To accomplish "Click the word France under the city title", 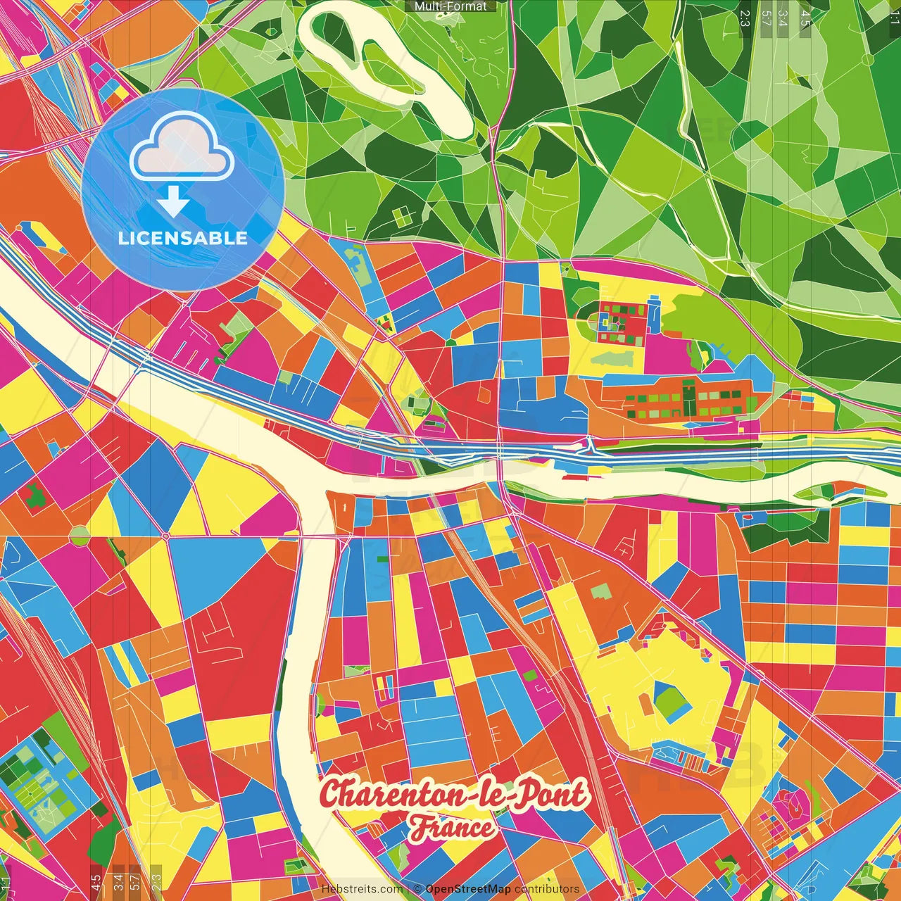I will click(453, 828).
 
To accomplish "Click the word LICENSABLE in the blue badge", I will click(183, 238).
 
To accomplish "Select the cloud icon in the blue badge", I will click(182, 146).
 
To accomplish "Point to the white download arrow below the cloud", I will click(173, 204).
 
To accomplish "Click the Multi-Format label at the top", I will click(450, 6).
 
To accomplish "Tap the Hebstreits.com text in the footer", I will click(362, 889).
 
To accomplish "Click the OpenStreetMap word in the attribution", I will click(467, 889).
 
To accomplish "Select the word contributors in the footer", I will click(546, 889).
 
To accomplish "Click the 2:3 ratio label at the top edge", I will click(745, 17).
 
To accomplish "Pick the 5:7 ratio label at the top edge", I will click(766, 17).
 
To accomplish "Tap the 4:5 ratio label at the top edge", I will click(805, 17).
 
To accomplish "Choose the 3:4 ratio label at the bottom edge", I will click(118, 881).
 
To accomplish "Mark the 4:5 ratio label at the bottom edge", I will click(96, 881).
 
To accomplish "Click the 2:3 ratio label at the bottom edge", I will click(156, 881).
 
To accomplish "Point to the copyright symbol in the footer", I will click(417, 889).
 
